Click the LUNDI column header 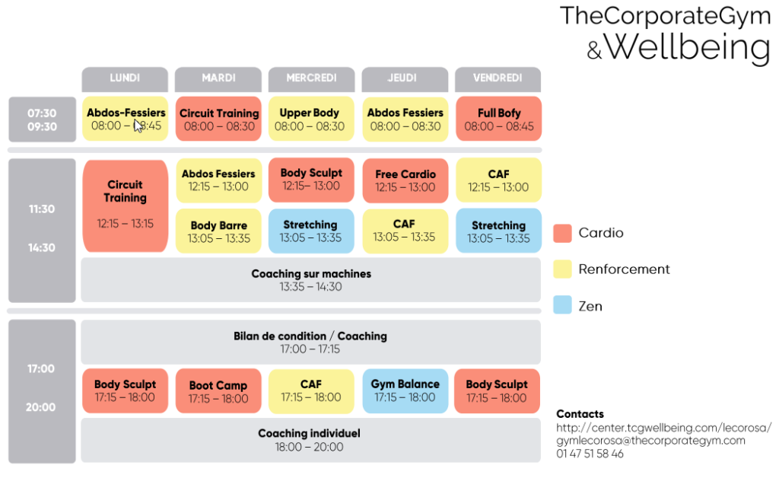[125, 78]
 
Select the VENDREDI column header [498, 78]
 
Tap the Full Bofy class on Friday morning [499, 119]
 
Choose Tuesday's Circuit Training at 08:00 [219, 119]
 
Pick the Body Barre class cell [219, 231]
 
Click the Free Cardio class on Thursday [405, 180]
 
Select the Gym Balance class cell [405, 390]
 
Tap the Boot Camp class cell [219, 391]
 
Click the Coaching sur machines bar [310, 280]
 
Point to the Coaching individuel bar [310, 440]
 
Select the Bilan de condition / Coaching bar [310, 342]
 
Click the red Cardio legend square [562, 233]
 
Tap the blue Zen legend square [562, 306]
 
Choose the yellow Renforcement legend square [562, 269]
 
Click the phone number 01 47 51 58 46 [590, 454]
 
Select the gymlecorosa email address [651, 440]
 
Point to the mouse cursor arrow [138, 126]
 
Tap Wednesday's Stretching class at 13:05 [310, 231]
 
